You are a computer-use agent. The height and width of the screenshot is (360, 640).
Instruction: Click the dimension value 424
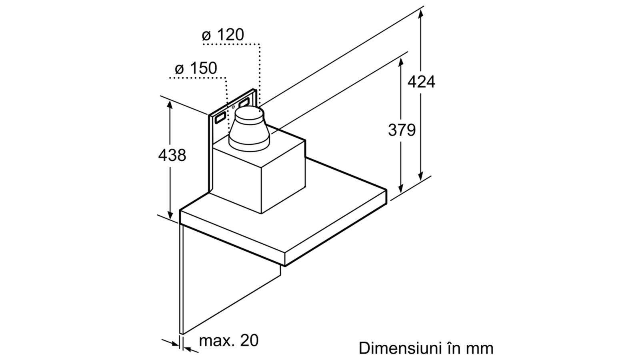click(x=421, y=82)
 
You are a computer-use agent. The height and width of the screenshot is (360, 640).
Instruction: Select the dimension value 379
click(x=402, y=130)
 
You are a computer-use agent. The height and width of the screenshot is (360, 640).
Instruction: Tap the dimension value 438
click(x=172, y=156)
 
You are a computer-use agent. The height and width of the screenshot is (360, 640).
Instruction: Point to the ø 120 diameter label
click(x=223, y=34)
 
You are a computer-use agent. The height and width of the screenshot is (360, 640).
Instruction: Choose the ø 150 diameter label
click(x=196, y=68)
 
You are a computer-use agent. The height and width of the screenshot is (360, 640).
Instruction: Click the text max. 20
click(x=228, y=340)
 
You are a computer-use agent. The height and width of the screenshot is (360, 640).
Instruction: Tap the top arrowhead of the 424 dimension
click(x=420, y=13)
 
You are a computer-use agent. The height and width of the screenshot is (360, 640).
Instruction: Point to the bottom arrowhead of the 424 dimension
click(x=420, y=176)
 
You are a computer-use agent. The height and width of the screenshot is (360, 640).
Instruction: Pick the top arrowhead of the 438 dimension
click(x=170, y=106)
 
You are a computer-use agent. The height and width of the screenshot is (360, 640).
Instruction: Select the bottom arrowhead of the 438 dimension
click(x=170, y=214)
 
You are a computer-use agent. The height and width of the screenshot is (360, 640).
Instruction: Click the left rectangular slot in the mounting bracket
click(x=220, y=118)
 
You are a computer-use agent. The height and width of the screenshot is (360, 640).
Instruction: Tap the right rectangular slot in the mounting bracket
click(x=244, y=103)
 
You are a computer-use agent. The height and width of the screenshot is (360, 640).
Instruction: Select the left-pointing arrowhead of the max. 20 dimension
click(x=188, y=349)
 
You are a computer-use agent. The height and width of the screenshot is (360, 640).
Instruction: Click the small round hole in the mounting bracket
click(x=233, y=108)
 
